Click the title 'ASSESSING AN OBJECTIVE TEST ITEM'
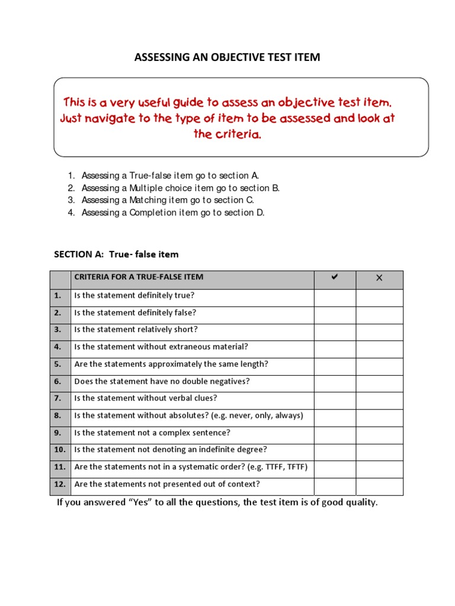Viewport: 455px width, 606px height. click(x=227, y=57)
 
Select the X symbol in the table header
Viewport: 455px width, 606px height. click(x=379, y=278)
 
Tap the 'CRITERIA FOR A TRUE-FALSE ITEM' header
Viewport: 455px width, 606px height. click(x=138, y=277)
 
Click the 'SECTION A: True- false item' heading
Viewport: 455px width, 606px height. click(x=116, y=254)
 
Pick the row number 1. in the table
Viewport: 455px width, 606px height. click(x=57, y=295)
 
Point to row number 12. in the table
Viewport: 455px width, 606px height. click(x=59, y=484)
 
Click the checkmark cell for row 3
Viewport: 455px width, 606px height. click(x=335, y=330)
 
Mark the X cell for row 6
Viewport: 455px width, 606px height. click(x=379, y=381)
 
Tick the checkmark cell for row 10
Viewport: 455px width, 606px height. click(x=335, y=450)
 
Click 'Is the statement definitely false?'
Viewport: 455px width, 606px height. click(x=135, y=312)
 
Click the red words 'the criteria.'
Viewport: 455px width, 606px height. click(x=227, y=134)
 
